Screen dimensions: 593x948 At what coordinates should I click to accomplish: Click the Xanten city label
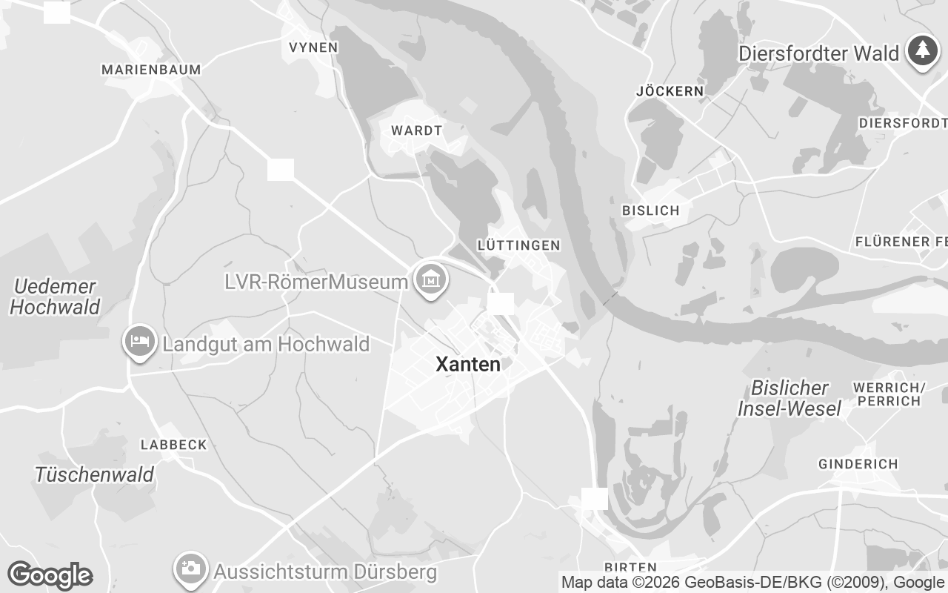point(468,365)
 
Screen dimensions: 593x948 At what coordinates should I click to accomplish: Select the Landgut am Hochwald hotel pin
point(139,342)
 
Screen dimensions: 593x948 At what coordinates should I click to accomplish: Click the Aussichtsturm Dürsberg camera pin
point(190,569)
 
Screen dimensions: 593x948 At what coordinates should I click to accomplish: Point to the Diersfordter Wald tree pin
point(922,51)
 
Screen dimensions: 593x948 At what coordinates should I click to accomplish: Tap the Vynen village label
point(313,47)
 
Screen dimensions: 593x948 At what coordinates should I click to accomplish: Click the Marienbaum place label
point(151,70)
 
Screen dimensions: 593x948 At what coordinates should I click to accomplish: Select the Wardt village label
point(416,130)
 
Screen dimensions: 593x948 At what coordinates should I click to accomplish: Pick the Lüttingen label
point(518,245)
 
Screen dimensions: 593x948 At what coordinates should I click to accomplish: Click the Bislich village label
point(651,211)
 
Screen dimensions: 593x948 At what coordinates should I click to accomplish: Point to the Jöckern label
point(670,91)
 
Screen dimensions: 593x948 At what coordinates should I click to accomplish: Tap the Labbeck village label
point(174,445)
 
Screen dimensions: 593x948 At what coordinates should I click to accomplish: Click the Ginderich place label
point(858,464)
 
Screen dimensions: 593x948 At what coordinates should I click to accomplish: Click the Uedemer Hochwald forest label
point(56,296)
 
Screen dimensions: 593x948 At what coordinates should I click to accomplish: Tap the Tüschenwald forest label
point(94,474)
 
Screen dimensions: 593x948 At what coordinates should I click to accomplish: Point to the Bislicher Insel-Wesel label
point(790,398)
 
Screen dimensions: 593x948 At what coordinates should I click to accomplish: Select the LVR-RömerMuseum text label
point(317,282)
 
